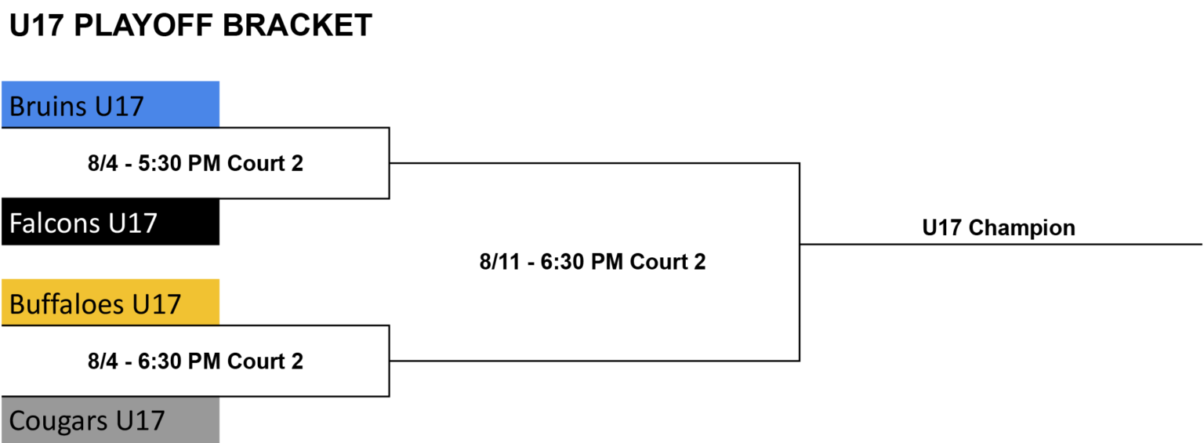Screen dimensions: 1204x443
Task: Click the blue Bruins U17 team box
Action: click(x=111, y=104)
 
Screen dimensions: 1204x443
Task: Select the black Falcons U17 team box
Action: click(x=111, y=221)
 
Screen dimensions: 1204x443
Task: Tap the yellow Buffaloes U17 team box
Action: click(x=111, y=302)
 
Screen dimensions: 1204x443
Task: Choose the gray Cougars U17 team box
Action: click(x=111, y=420)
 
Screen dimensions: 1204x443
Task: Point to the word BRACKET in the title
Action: click(x=297, y=25)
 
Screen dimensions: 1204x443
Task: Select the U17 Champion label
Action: click(x=999, y=228)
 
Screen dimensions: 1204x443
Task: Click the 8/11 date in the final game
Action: click(x=500, y=262)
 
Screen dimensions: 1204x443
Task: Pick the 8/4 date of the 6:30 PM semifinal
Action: click(x=103, y=361)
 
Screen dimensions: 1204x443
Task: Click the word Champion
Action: click(x=1022, y=228)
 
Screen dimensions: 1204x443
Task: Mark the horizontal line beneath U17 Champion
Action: click(x=1001, y=244)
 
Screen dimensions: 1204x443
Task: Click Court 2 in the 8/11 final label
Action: click(x=668, y=262)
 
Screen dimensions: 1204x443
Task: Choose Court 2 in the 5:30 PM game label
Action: click(x=266, y=163)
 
